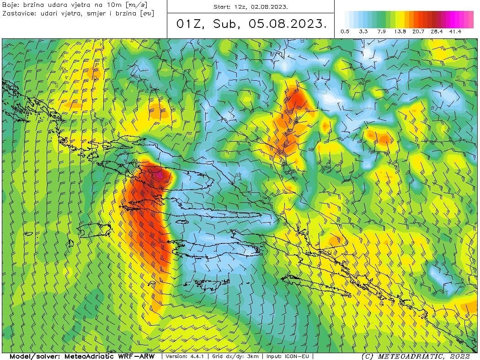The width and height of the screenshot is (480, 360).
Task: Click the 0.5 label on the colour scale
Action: (x=345, y=32)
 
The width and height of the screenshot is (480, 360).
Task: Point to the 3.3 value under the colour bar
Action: (x=363, y=32)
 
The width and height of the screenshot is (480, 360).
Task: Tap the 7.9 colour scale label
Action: (x=382, y=32)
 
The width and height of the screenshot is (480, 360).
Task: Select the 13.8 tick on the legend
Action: (x=401, y=32)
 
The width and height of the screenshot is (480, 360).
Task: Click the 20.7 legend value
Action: (x=419, y=32)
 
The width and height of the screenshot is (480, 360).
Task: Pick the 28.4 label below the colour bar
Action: (x=437, y=32)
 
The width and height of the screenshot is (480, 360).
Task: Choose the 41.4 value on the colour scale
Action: (x=455, y=32)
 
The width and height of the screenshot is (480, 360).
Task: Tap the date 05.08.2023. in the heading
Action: (x=288, y=24)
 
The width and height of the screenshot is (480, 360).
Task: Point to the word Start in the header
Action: (x=223, y=7)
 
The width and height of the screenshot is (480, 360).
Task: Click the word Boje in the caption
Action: (x=10, y=5)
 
